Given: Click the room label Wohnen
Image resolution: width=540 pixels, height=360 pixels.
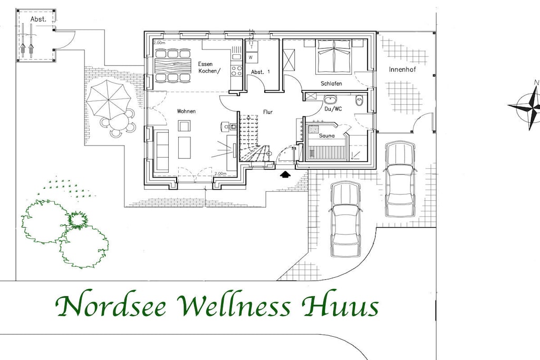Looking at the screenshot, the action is pyautogui.click(x=186, y=111).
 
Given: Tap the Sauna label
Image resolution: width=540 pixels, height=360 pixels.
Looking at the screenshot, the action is pyautogui.click(x=326, y=135).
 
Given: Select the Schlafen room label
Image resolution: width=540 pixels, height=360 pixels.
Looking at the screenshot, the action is pyautogui.click(x=331, y=84).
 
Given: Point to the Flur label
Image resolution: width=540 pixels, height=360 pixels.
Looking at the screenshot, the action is pyautogui.click(x=267, y=112).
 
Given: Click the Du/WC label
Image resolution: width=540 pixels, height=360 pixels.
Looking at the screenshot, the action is pyautogui.click(x=333, y=109).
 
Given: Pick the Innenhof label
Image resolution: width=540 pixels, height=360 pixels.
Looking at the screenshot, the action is pyautogui.click(x=402, y=69).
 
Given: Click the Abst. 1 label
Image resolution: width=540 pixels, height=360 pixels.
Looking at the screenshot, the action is pyautogui.click(x=261, y=72).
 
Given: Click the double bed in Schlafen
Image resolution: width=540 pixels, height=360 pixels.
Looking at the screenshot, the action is pyautogui.click(x=334, y=57).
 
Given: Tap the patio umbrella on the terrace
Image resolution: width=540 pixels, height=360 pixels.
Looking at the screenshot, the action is pyautogui.click(x=109, y=99).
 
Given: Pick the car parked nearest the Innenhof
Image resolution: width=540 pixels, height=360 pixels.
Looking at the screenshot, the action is pyautogui.click(x=400, y=179).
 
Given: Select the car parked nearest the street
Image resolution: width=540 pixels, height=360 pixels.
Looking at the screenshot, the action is pyautogui.click(x=345, y=219).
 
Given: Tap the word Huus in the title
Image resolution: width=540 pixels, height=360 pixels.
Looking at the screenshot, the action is pyautogui.click(x=340, y=306).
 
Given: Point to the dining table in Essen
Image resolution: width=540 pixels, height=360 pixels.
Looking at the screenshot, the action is pyautogui.click(x=173, y=65).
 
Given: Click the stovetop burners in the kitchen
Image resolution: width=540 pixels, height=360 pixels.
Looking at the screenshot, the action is pyautogui.click(x=237, y=71).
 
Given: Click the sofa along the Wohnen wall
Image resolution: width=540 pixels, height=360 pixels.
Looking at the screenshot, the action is pyautogui.click(x=161, y=151).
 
